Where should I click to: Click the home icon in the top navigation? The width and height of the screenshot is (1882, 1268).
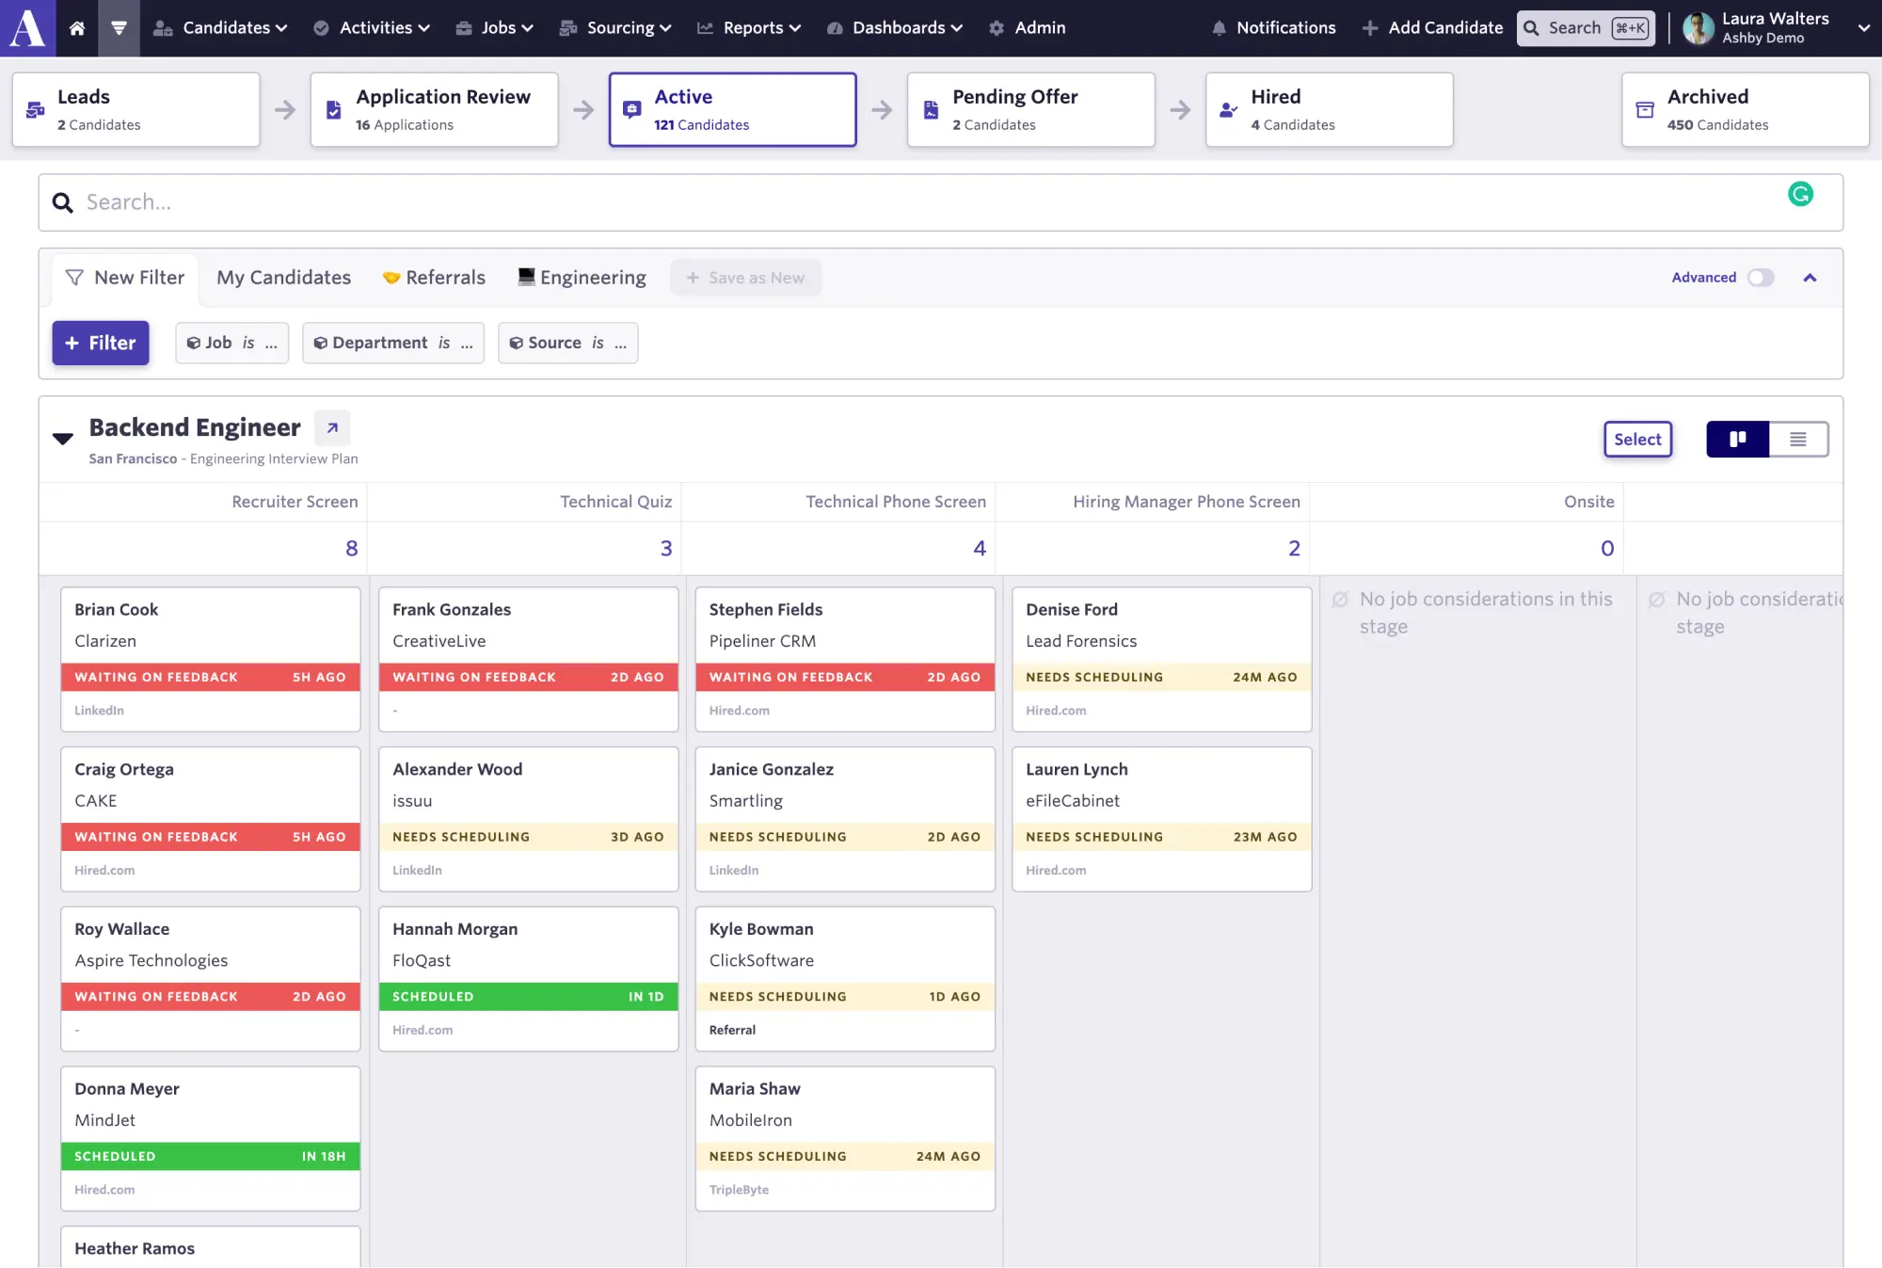tap(77, 28)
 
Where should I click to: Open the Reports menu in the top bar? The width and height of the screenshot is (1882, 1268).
tap(749, 28)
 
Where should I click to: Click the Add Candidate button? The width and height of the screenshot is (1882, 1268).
tap(1432, 28)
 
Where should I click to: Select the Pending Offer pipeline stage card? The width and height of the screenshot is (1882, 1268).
tap(1030, 109)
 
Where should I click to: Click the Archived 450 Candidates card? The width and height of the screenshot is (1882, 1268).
tap(1745, 109)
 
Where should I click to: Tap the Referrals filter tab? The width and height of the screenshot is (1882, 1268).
tap(434, 278)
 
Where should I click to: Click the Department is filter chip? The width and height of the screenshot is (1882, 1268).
tap(393, 343)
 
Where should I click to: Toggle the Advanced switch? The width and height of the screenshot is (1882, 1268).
tap(1761, 278)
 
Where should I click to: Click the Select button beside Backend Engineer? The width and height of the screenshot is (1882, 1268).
tap(1637, 440)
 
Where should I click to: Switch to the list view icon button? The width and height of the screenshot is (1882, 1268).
tap(1798, 440)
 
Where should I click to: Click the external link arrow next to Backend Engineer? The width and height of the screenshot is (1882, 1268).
tap(332, 428)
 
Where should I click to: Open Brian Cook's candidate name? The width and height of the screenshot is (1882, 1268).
tap(117, 610)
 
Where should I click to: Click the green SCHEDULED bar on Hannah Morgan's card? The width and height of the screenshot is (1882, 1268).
tap(528, 997)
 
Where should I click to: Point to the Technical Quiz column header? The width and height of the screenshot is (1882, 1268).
tap(616, 502)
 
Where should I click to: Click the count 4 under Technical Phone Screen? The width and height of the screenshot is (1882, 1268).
tap(980, 549)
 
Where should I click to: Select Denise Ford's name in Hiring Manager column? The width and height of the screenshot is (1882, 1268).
tap(1072, 610)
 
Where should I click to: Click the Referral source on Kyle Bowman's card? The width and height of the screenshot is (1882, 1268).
tap(732, 1031)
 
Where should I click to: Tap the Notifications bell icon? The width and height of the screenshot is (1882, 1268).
tap(1219, 28)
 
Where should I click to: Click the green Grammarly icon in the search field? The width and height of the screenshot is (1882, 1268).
tap(1800, 194)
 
